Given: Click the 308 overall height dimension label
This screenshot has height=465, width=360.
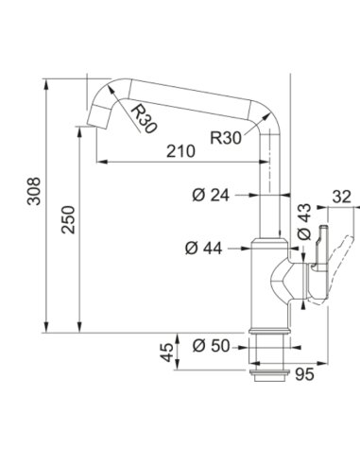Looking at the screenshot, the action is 34,191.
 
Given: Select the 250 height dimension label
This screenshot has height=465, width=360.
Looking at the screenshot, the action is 68,219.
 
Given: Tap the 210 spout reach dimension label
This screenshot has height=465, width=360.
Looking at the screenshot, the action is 180,151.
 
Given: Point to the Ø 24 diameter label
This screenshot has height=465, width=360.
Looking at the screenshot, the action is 211,196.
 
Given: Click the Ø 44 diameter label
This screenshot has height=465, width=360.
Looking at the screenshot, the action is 204,249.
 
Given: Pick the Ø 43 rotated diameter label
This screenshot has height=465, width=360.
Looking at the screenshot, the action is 304,221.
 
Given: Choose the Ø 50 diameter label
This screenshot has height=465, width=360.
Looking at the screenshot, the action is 211,346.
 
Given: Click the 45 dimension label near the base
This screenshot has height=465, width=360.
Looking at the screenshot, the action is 166,352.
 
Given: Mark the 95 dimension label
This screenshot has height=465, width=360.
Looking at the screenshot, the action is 304,374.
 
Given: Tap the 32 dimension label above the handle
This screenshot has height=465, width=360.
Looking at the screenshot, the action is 342,197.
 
